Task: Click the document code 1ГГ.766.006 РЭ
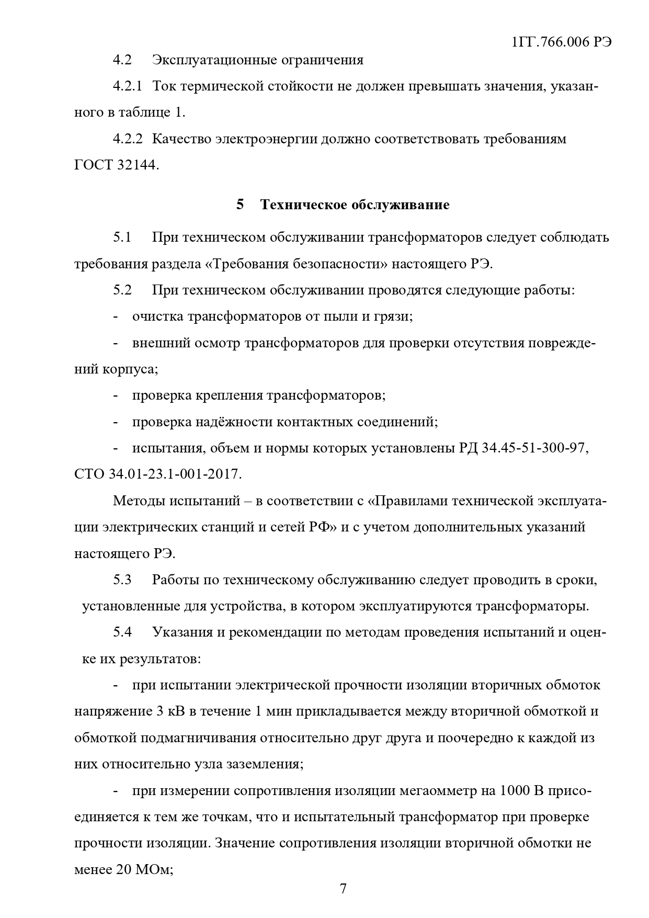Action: click(561, 42)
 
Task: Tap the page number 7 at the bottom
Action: click(343, 889)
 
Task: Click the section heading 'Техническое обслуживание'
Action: click(355, 205)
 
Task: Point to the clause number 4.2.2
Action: click(128, 139)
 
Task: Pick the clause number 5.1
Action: click(122, 237)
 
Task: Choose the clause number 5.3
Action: click(122, 580)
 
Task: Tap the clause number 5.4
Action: click(122, 632)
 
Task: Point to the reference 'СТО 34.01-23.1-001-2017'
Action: click(157, 474)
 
